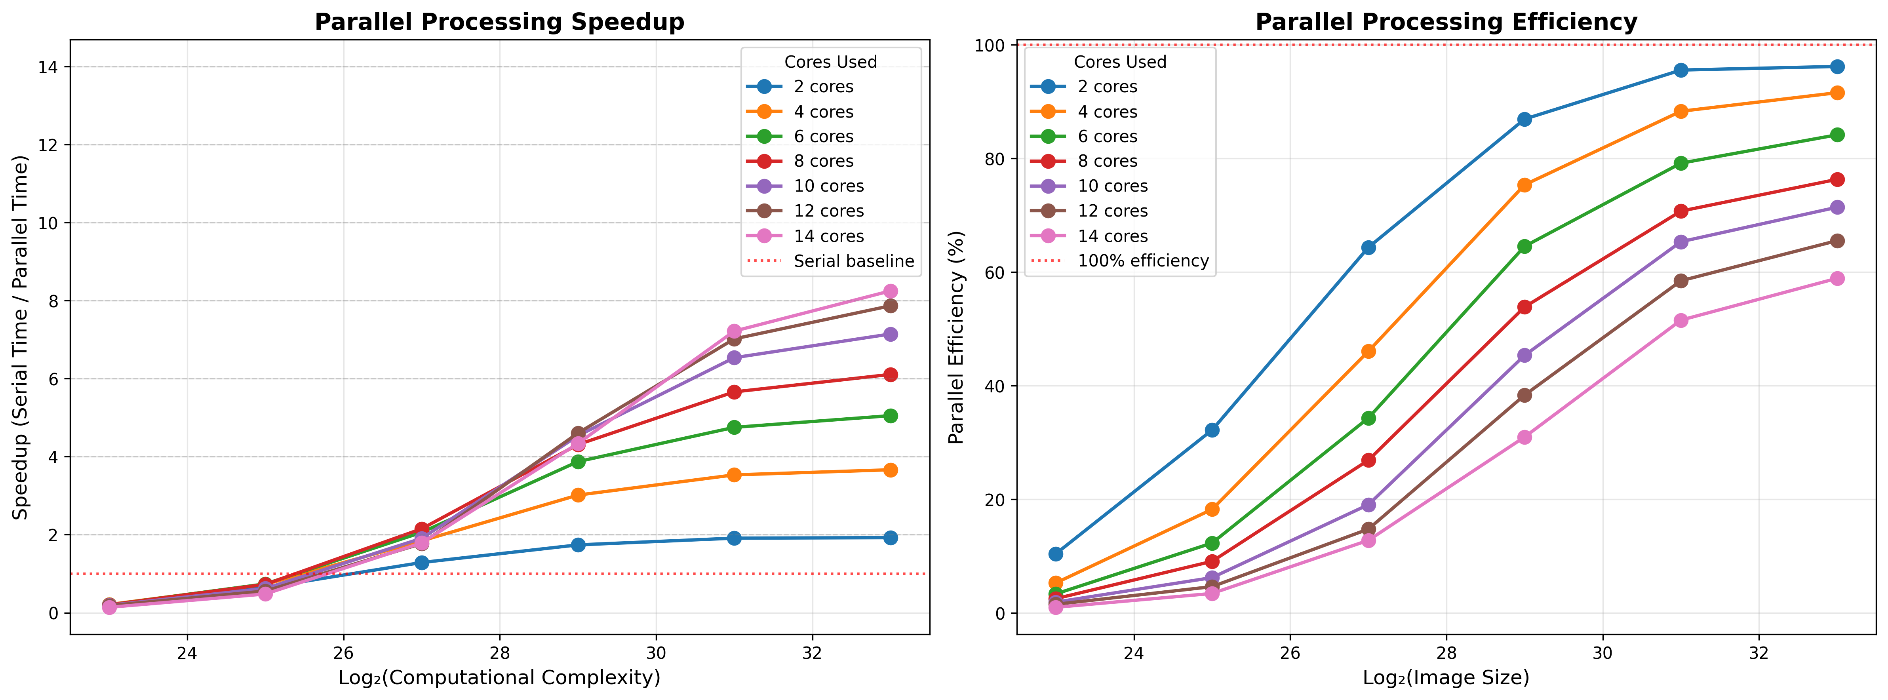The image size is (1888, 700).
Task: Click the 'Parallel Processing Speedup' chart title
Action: pyautogui.click(x=499, y=22)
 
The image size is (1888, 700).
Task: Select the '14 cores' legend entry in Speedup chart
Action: pyautogui.click(x=828, y=236)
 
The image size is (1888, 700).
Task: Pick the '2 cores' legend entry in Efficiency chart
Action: pyautogui.click(x=1107, y=86)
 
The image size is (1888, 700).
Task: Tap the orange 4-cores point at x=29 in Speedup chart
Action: pyautogui.click(x=578, y=495)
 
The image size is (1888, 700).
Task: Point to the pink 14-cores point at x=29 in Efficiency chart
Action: pyautogui.click(x=1524, y=437)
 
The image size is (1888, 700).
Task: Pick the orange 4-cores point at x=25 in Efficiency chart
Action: pyautogui.click(x=1212, y=509)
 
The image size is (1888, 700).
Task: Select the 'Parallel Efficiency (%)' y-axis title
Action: pyautogui.click(x=956, y=337)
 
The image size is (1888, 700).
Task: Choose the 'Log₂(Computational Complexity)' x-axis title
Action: pyautogui.click(x=499, y=678)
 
